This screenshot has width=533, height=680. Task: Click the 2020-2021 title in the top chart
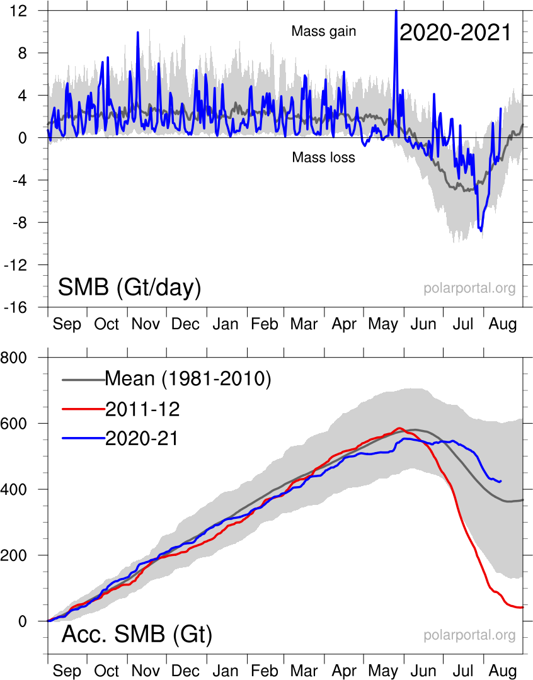[455, 33]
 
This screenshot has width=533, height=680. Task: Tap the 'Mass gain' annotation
[324, 31]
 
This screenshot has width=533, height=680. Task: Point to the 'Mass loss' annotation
[323, 157]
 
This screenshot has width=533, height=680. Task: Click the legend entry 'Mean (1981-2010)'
[187, 379]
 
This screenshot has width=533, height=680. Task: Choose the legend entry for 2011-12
[142, 409]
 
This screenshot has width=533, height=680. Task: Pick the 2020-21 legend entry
[142, 439]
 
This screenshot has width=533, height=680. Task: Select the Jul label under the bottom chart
[464, 671]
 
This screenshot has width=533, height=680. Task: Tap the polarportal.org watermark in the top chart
[469, 288]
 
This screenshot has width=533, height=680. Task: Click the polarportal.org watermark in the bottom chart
[469, 635]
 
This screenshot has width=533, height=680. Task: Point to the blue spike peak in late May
[396, 11]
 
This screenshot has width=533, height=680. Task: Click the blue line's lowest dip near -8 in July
[481, 231]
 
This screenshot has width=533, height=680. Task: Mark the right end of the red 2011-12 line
[522, 607]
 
